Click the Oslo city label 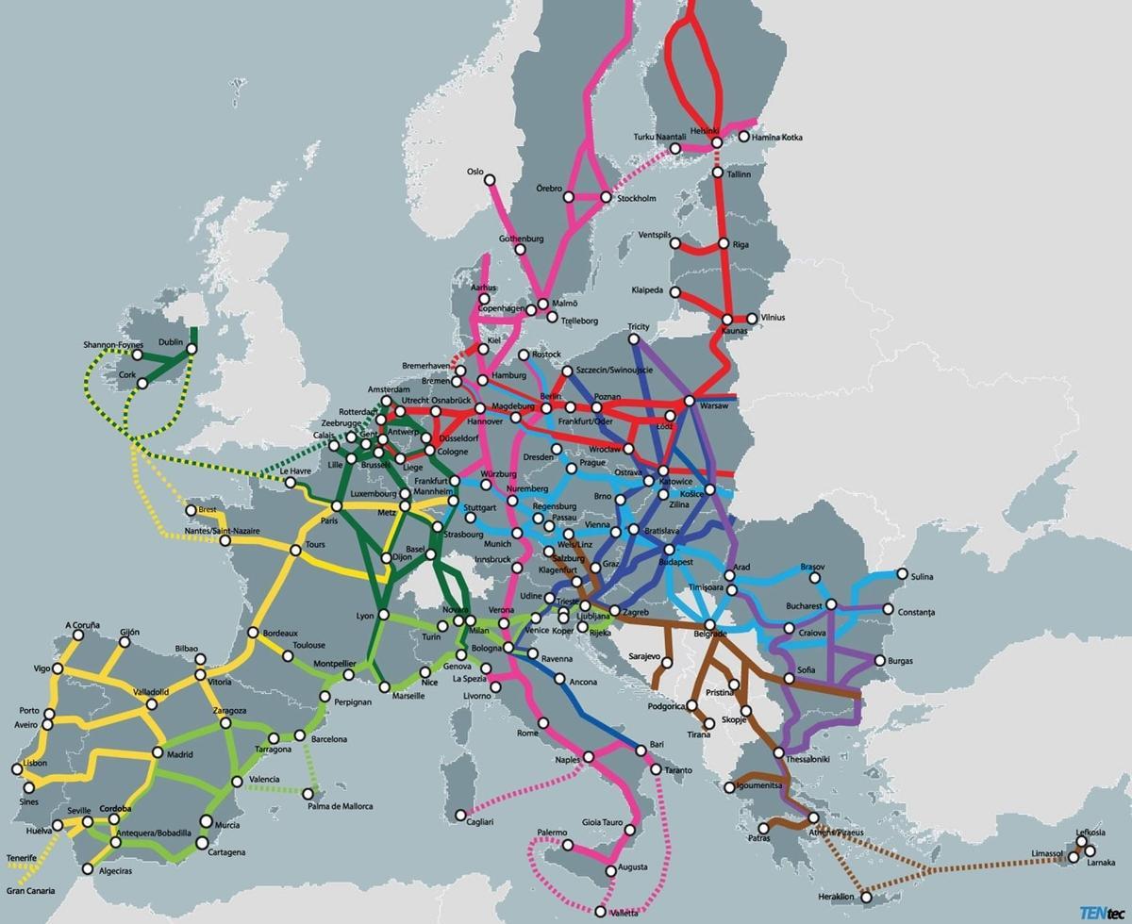click(474, 172)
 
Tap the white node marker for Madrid click(158, 752)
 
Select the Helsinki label click(704, 130)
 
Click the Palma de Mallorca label click(339, 806)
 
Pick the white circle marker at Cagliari click(460, 815)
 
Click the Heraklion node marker click(866, 897)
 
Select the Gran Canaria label click(30, 890)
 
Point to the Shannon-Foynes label click(111, 345)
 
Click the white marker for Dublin click(191, 349)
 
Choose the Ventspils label click(655, 235)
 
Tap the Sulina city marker click(902, 574)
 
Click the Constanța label click(916, 613)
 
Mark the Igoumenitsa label click(759, 785)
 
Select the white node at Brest click(191, 510)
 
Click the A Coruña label click(81, 625)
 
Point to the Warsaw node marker click(689, 402)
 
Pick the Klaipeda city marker click(674, 292)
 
